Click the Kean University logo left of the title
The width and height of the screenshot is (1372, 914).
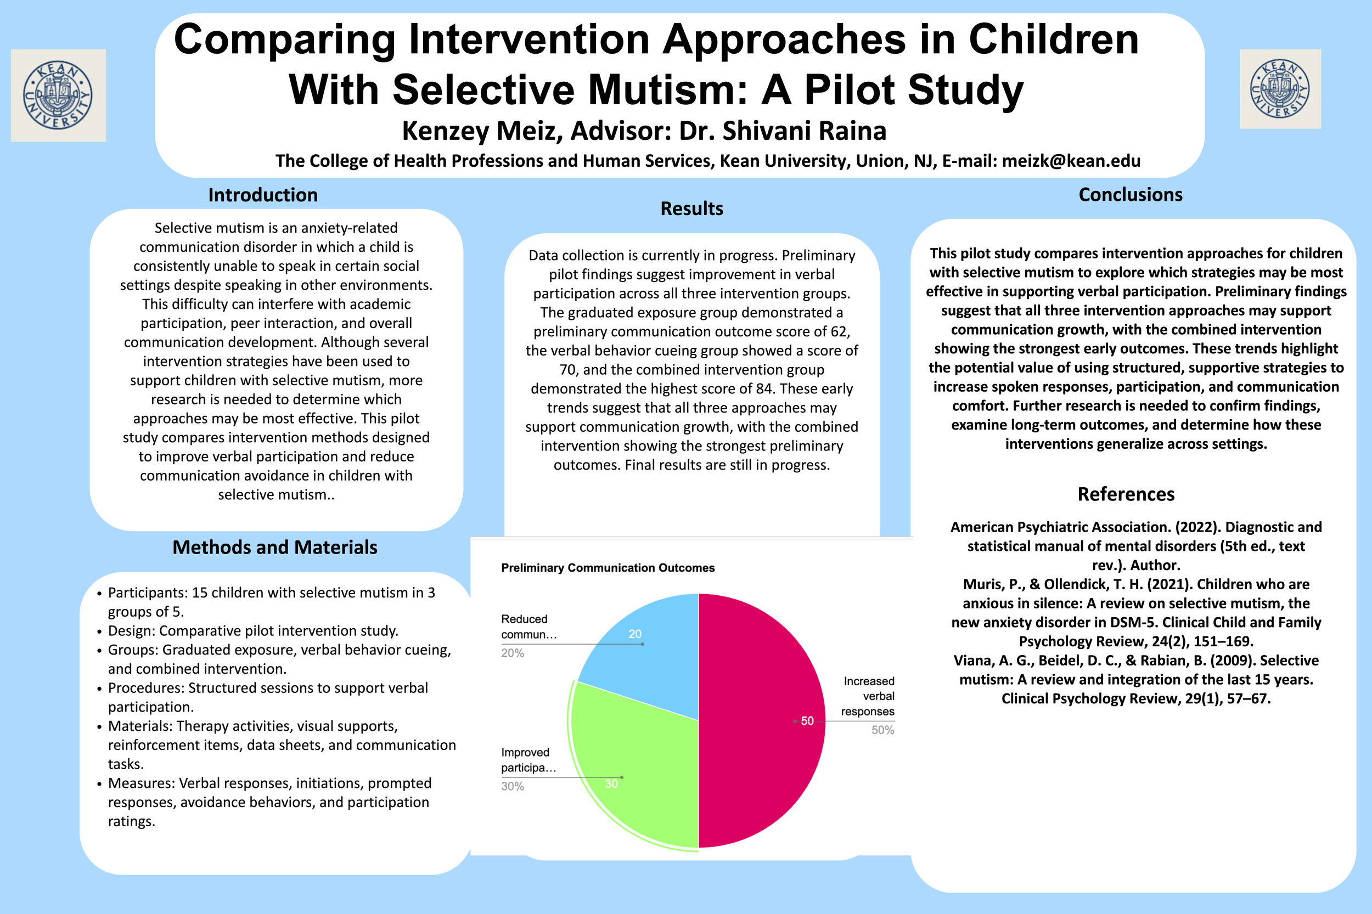pyautogui.click(x=58, y=95)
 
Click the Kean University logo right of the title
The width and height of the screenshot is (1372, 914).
pyautogui.click(x=1280, y=89)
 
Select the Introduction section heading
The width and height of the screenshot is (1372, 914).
pyautogui.click(x=263, y=195)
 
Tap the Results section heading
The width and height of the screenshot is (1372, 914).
pyautogui.click(x=691, y=208)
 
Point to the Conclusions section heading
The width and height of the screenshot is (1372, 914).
pyautogui.click(x=1130, y=195)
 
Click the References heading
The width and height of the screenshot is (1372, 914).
pyautogui.click(x=1126, y=494)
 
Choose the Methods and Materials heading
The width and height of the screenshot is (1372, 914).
pyautogui.click(x=274, y=548)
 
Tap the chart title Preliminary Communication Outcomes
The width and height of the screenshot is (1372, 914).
pyautogui.click(x=608, y=568)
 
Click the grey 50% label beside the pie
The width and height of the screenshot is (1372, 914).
pyautogui.click(x=882, y=730)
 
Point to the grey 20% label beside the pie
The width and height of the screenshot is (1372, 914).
pyautogui.click(x=513, y=653)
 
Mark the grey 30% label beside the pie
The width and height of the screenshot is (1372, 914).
pyautogui.click(x=513, y=786)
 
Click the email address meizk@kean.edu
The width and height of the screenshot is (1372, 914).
pyautogui.click(x=1071, y=161)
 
